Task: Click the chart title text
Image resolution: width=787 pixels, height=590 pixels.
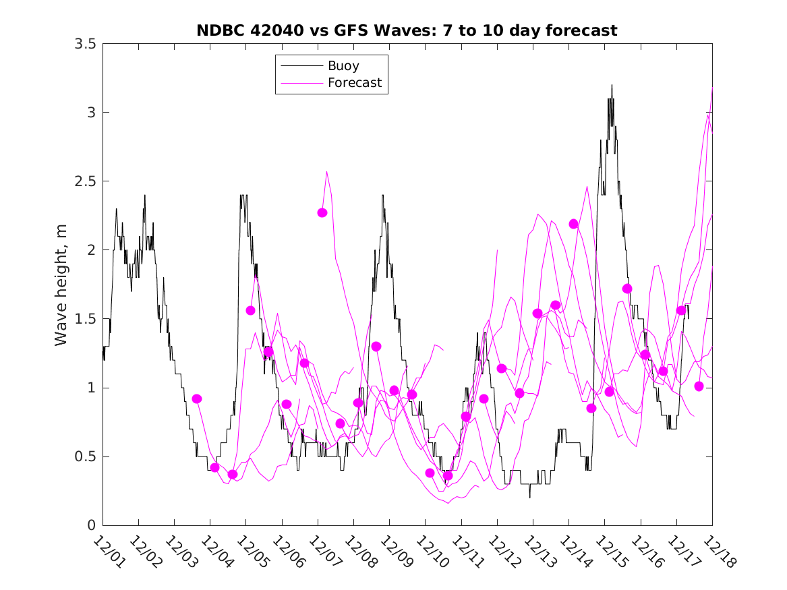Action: point(407,30)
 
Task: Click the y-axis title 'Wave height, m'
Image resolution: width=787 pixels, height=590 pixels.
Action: point(61,285)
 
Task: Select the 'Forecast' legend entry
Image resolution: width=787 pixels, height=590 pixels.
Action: point(355,83)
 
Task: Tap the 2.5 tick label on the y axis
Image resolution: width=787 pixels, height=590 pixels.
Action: point(85,181)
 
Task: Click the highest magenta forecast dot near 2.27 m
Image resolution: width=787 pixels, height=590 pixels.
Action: point(322,212)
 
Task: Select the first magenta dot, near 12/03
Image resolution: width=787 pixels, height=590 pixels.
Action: point(197,399)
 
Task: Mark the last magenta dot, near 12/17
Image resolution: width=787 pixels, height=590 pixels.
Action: point(699,386)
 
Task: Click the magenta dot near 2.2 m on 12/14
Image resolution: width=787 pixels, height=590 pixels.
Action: point(573,224)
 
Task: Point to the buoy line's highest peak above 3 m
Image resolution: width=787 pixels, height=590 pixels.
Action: point(612,85)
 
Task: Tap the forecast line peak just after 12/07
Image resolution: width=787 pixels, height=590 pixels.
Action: point(327,171)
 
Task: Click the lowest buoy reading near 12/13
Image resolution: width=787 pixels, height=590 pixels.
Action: point(529,498)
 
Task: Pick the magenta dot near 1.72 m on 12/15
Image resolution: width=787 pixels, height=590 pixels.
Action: point(627,289)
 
